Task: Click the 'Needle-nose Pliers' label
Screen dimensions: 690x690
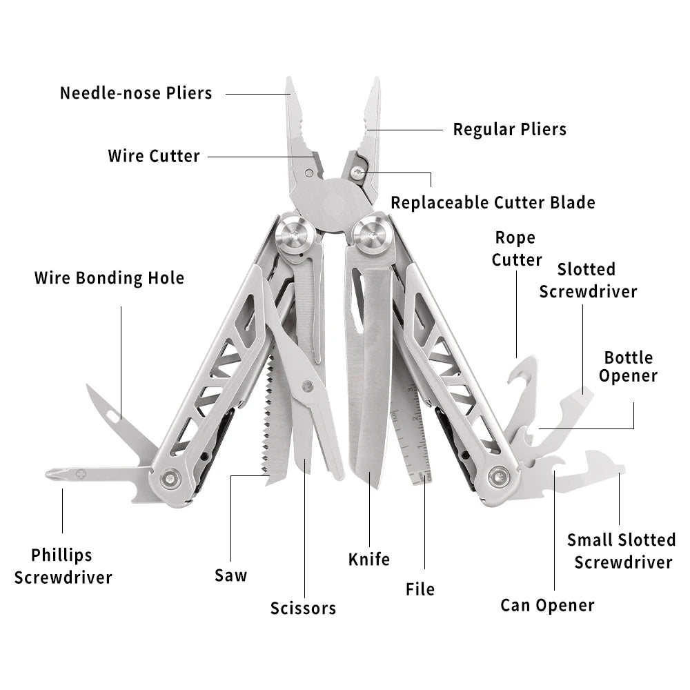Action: click(136, 92)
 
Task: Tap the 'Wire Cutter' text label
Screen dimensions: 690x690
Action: click(154, 156)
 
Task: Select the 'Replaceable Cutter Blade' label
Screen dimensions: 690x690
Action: click(493, 202)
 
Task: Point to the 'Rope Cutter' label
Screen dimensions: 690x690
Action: click(516, 249)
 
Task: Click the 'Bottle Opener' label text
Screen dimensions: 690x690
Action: click(628, 367)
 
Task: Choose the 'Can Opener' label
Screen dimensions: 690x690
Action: click(547, 605)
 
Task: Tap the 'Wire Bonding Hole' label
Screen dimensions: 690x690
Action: click(109, 278)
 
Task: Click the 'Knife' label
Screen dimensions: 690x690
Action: click(369, 559)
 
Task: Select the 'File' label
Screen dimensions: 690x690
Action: click(420, 589)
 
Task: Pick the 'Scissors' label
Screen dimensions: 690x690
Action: click(303, 608)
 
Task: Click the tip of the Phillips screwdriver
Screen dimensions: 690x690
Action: click(50, 474)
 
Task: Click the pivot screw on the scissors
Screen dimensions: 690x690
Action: click(308, 386)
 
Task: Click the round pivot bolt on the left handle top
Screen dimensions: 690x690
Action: click(290, 233)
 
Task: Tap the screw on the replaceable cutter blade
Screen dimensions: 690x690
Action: click(357, 173)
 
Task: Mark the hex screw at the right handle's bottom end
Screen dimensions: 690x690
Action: click(498, 476)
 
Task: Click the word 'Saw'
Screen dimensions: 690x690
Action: click(230, 575)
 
